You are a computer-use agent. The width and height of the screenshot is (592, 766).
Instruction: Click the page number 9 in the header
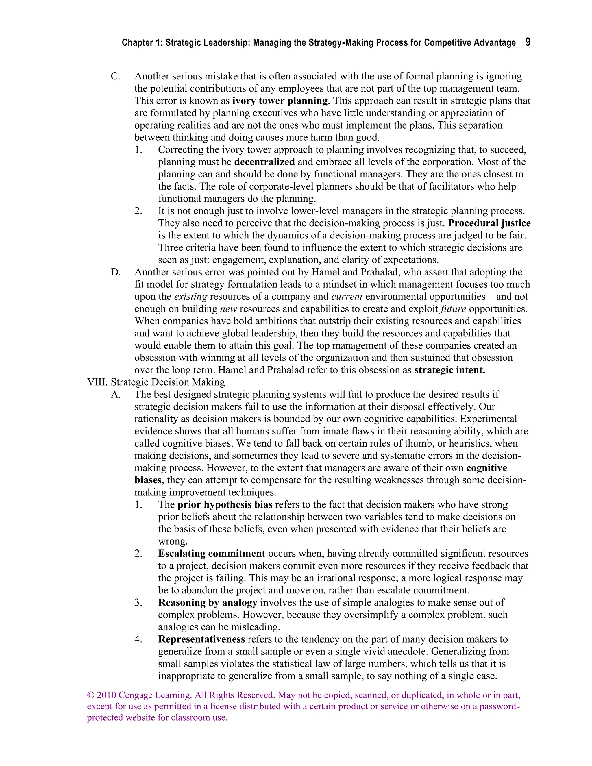528,42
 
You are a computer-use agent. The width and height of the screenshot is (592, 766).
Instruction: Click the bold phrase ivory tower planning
280,101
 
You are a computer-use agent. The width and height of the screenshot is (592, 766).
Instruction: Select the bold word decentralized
264,162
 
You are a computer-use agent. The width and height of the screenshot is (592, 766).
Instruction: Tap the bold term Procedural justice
489,223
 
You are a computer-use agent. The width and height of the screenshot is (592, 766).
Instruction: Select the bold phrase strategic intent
449,370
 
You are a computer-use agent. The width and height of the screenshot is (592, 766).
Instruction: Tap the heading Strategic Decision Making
168,382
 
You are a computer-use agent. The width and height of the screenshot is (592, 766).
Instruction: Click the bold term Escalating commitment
212,554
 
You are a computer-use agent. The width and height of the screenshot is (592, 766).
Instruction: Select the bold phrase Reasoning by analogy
208,603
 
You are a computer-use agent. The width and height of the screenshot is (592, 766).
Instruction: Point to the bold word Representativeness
201,639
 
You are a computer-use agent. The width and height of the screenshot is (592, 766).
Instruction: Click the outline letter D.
115,273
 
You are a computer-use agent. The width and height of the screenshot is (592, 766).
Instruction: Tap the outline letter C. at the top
115,77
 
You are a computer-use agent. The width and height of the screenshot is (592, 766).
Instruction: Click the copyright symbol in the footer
90,695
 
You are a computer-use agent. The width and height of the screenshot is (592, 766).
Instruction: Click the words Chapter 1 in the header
139,43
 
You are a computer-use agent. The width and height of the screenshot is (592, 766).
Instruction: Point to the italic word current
347,297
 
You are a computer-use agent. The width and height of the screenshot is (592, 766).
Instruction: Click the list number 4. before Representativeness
138,639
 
